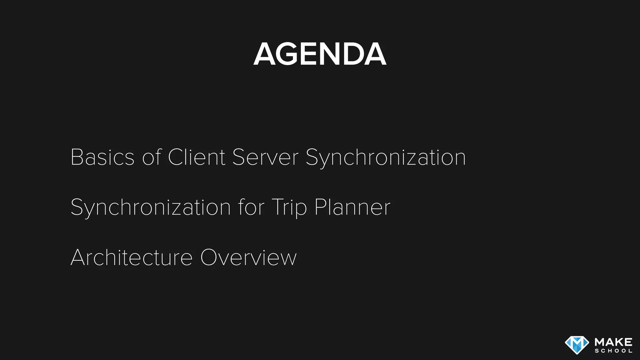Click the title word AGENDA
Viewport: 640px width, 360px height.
(x=320, y=54)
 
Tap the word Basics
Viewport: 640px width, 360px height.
(x=102, y=157)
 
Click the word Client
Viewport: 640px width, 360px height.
(x=197, y=157)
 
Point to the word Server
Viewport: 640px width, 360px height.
(x=265, y=157)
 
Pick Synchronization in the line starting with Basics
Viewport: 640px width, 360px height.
(x=386, y=157)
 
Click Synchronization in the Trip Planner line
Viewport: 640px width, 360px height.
(x=151, y=207)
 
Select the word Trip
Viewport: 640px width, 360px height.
(x=289, y=207)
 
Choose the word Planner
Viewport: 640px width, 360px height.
(x=352, y=207)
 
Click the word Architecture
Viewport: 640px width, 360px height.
(x=132, y=257)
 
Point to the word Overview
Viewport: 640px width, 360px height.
(x=248, y=257)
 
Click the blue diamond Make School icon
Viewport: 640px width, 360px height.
(x=577, y=345)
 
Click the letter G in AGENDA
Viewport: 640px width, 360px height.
(x=289, y=54)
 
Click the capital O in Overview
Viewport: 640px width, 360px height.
(x=210, y=257)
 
